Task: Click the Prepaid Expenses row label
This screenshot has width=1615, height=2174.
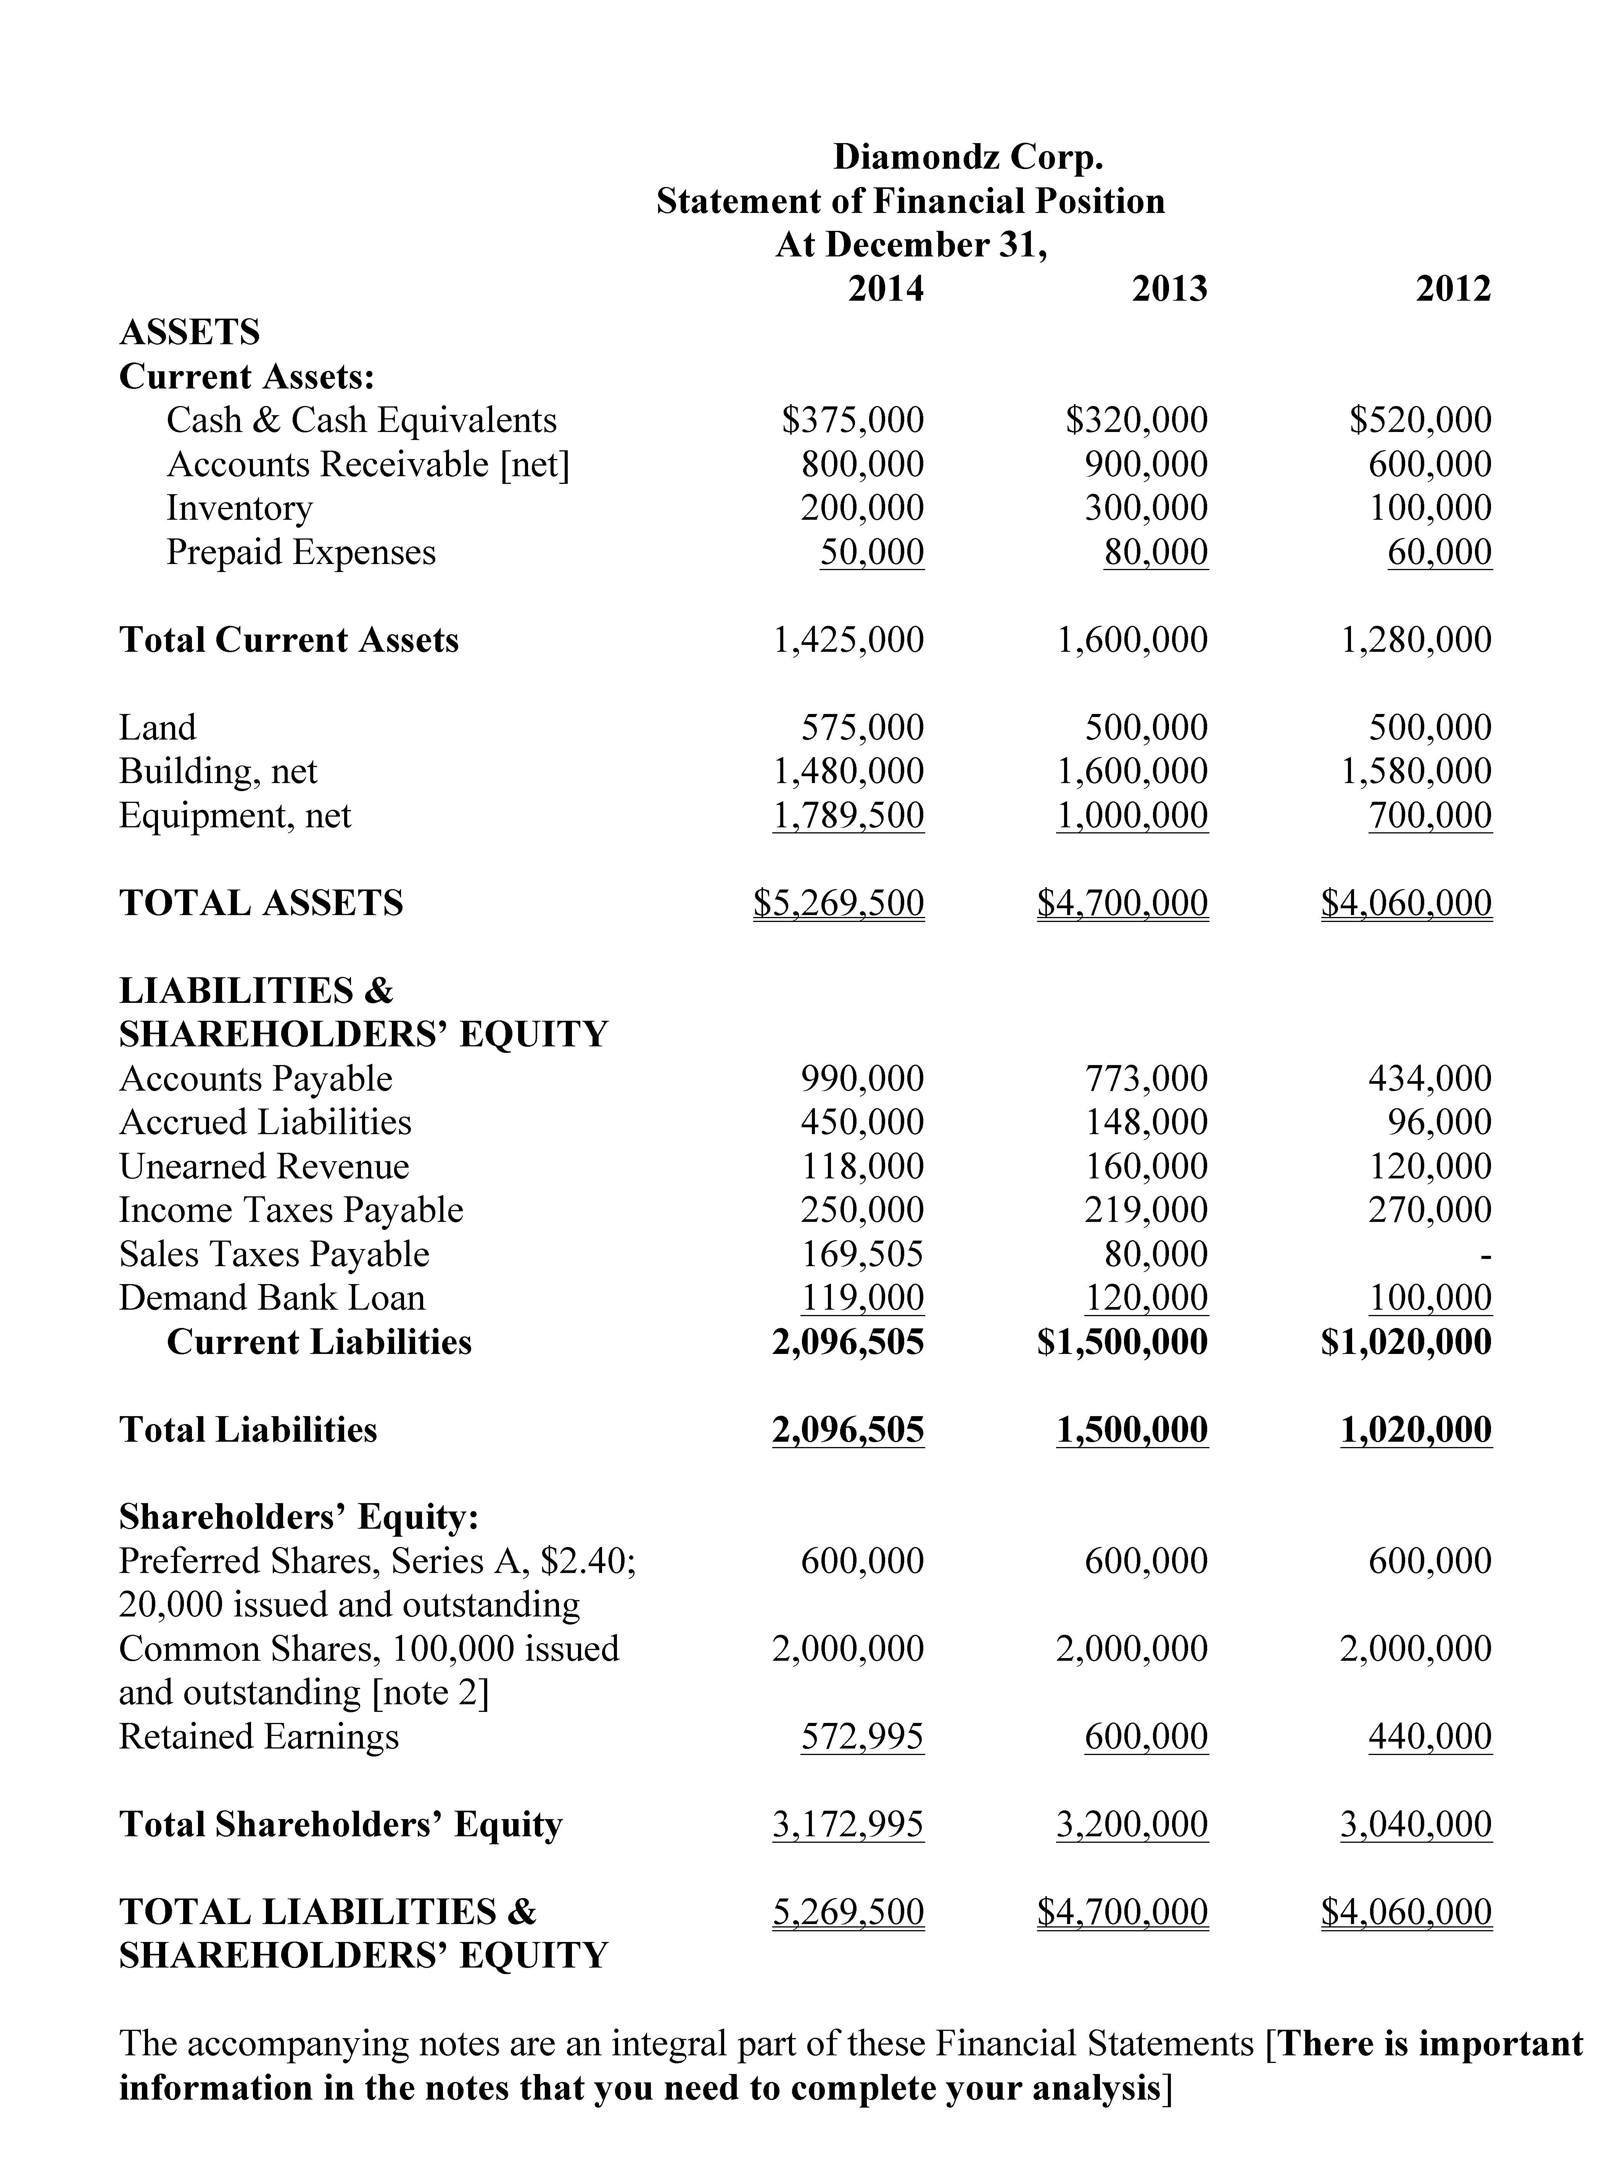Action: click(301, 552)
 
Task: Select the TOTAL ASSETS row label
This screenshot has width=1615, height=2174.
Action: click(261, 903)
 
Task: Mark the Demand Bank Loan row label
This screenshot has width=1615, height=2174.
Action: click(272, 1298)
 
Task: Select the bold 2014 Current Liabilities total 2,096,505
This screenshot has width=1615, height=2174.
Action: click(848, 1342)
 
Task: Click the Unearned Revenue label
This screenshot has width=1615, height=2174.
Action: click(264, 1166)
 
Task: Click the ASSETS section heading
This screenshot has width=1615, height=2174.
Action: click(190, 332)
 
